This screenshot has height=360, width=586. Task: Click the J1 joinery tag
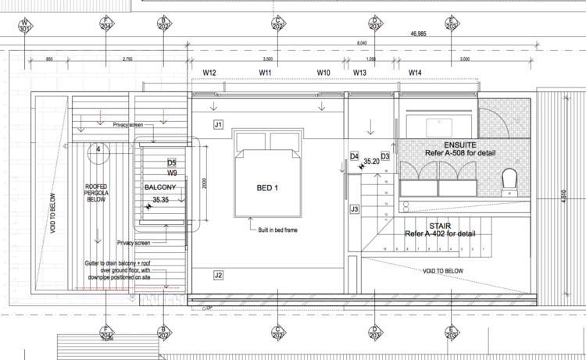pos(219,124)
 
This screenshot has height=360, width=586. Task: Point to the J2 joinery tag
pos(219,274)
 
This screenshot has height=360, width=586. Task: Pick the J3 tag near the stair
pos(354,209)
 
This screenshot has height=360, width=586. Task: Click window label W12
pos(209,73)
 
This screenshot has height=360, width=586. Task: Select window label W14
pos(415,73)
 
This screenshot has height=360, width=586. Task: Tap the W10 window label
pos(324,73)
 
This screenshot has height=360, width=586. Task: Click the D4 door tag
pos(354,156)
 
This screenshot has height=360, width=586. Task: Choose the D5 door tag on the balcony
pos(172,162)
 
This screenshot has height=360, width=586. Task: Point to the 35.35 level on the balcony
pos(162,200)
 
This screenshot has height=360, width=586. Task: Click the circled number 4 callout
pos(98,148)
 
